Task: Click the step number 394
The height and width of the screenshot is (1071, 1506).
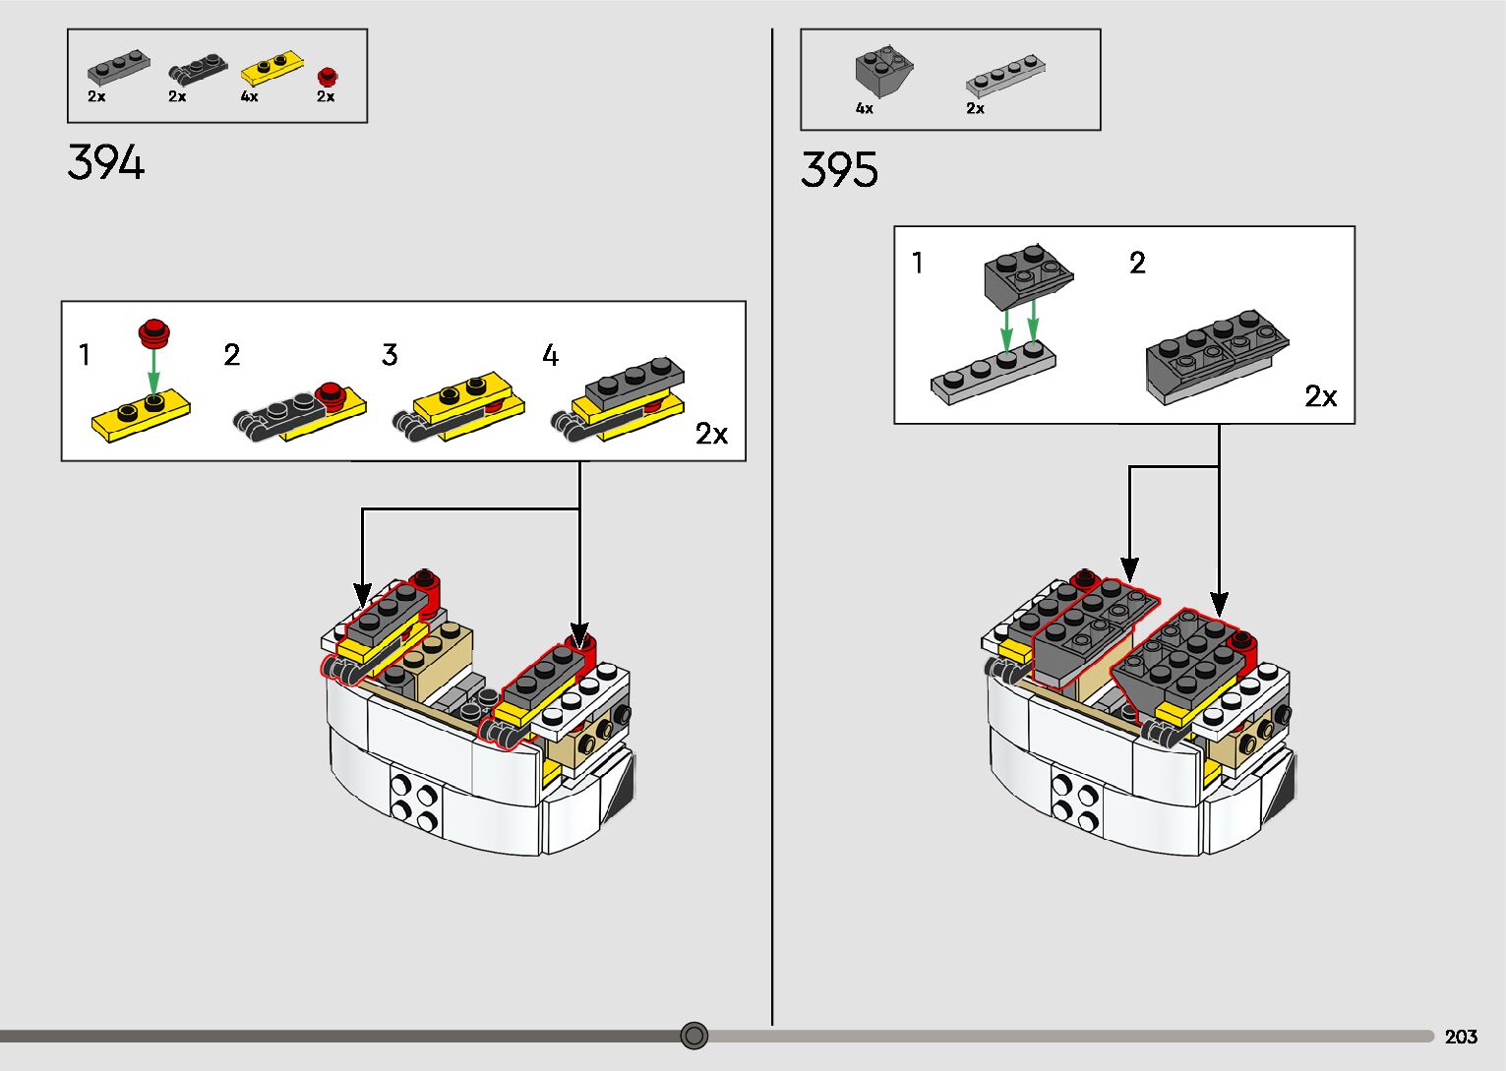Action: click(x=105, y=162)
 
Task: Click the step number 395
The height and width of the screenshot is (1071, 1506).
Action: click(x=839, y=169)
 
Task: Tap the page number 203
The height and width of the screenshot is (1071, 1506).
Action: click(x=1461, y=1037)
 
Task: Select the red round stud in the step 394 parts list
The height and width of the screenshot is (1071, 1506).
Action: click(x=328, y=76)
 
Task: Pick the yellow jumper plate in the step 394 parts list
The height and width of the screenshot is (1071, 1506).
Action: click(x=271, y=67)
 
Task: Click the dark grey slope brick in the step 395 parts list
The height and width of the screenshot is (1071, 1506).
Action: click(x=884, y=71)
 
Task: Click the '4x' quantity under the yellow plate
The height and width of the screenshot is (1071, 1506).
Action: click(x=250, y=96)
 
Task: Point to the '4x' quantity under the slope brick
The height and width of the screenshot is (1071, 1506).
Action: click(x=864, y=108)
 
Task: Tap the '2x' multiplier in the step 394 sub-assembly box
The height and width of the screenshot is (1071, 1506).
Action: click(x=711, y=435)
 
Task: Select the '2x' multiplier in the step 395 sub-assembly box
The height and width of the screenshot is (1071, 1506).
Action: click(x=1320, y=396)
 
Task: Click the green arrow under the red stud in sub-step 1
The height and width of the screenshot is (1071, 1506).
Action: click(x=154, y=372)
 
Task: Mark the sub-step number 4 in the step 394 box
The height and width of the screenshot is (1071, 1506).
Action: click(x=550, y=355)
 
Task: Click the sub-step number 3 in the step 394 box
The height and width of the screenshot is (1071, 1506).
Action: click(x=390, y=354)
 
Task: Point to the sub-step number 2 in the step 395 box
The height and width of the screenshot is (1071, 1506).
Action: click(x=1137, y=263)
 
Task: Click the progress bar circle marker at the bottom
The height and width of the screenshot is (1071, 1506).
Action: click(x=693, y=1036)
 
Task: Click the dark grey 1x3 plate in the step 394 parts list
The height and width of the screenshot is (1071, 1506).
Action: click(x=118, y=66)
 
